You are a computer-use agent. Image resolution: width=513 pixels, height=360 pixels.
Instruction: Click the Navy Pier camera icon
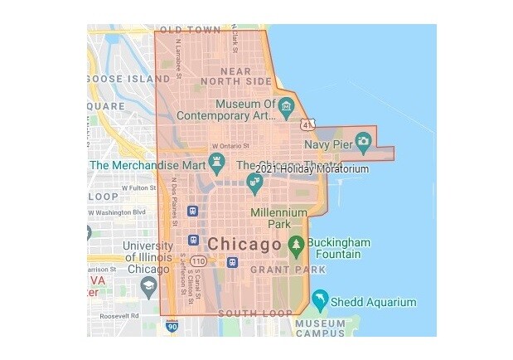click(362, 139)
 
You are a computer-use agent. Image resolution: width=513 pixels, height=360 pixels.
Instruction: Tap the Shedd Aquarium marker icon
click(321, 299)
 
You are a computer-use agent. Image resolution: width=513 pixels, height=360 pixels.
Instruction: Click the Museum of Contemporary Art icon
click(286, 106)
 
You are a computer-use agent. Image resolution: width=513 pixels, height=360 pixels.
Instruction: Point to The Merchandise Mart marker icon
click(217, 160)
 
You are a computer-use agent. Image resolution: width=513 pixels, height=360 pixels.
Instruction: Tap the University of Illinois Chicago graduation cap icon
click(148, 287)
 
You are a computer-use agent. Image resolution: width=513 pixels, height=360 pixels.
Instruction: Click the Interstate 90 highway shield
click(172, 325)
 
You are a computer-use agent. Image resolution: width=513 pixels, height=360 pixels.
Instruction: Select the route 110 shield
click(198, 261)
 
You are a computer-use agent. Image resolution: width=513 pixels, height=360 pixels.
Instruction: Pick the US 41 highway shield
click(307, 124)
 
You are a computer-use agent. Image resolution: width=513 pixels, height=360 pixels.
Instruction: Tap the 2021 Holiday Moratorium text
click(312, 169)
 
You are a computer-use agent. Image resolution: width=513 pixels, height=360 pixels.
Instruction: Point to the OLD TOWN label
click(191, 30)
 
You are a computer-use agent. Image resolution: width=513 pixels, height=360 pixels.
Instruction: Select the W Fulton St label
click(139, 187)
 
